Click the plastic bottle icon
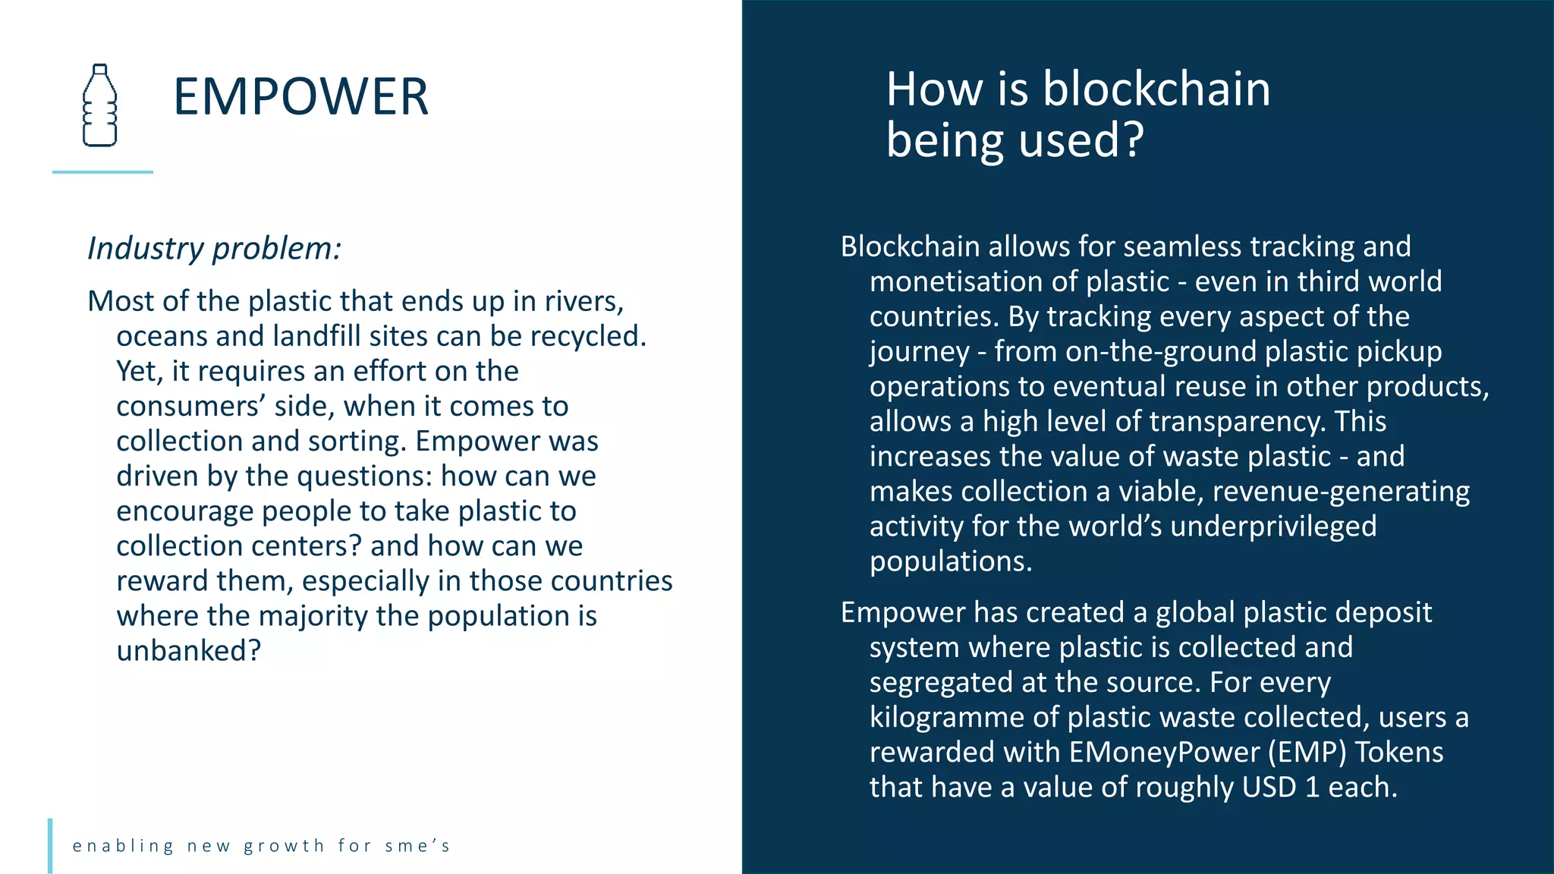[99, 105]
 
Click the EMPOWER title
[300, 97]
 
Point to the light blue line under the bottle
[102, 172]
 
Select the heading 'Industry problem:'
[214, 248]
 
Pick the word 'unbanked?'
[189, 650]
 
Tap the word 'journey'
[919, 352]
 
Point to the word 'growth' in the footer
[284, 846]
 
